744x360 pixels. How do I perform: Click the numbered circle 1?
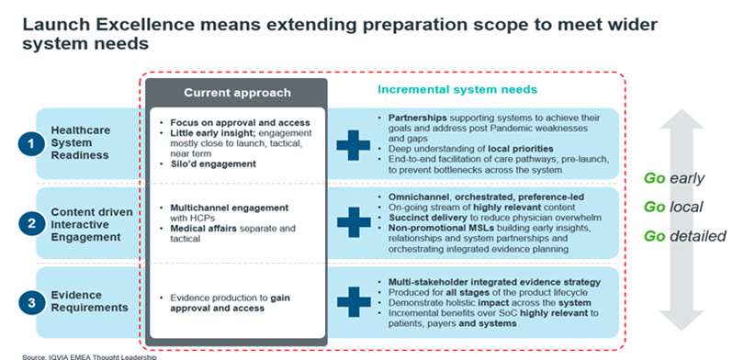click(31, 143)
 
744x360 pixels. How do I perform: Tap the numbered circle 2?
click(31, 223)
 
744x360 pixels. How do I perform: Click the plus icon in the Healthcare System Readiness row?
click(354, 143)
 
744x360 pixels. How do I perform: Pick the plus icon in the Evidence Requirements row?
click(354, 301)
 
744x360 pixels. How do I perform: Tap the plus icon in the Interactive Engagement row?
click(354, 222)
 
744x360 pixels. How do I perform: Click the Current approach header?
click(237, 93)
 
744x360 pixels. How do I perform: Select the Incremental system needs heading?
click(457, 89)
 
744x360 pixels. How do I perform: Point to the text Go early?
click(674, 179)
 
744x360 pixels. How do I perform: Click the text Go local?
click(673, 207)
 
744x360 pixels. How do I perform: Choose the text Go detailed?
click(684, 236)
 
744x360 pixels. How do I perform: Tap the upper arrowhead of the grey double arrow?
click(682, 119)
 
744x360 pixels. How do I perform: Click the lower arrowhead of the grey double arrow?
click(682, 321)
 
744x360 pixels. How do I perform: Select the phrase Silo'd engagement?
click(213, 164)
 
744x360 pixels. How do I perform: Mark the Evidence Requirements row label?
click(90, 301)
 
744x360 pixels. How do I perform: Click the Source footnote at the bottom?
click(89, 356)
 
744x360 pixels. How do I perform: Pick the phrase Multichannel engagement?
click(230, 208)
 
